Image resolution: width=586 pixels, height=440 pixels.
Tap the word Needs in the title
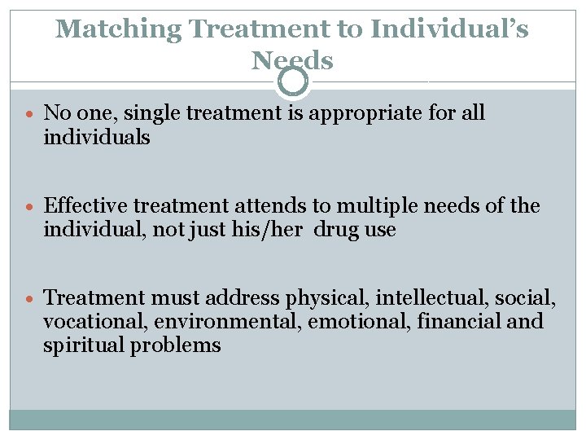coord(292,59)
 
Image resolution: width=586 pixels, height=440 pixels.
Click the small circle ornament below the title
coord(293,81)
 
